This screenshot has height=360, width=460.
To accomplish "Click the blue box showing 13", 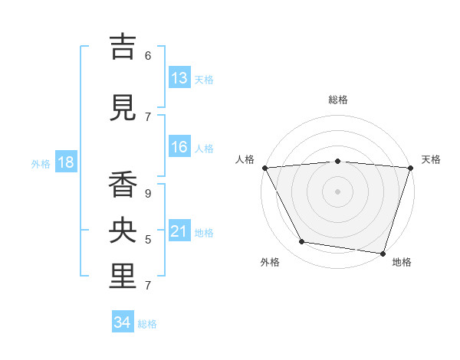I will click(x=179, y=78).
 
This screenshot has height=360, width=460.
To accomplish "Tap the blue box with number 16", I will click(x=179, y=147).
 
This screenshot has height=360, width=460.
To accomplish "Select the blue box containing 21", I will click(x=179, y=231).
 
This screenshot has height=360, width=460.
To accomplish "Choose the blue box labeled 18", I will click(x=65, y=162).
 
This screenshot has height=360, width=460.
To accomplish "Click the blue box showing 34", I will click(x=122, y=322).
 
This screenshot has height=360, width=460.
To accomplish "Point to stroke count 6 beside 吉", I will click(x=148, y=56).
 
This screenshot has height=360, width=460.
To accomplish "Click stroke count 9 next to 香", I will click(x=148, y=194).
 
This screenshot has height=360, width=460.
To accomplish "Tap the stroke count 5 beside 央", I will click(x=148, y=240).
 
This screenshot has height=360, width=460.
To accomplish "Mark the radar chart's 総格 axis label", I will click(x=337, y=100).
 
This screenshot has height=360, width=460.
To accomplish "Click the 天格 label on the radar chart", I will click(x=431, y=159).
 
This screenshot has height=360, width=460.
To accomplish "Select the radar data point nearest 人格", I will click(x=264, y=167).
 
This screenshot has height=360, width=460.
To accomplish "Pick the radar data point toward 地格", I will click(x=383, y=253).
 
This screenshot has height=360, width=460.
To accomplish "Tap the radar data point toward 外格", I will click(x=302, y=242).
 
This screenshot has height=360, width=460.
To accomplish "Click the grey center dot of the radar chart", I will click(x=337, y=191).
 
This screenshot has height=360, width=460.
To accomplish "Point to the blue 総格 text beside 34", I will click(x=147, y=324).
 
